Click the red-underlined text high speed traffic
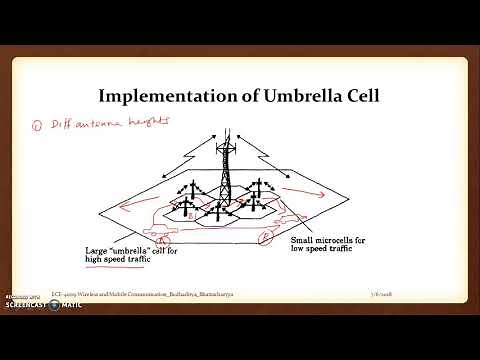pyautogui.click(x=137, y=260)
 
